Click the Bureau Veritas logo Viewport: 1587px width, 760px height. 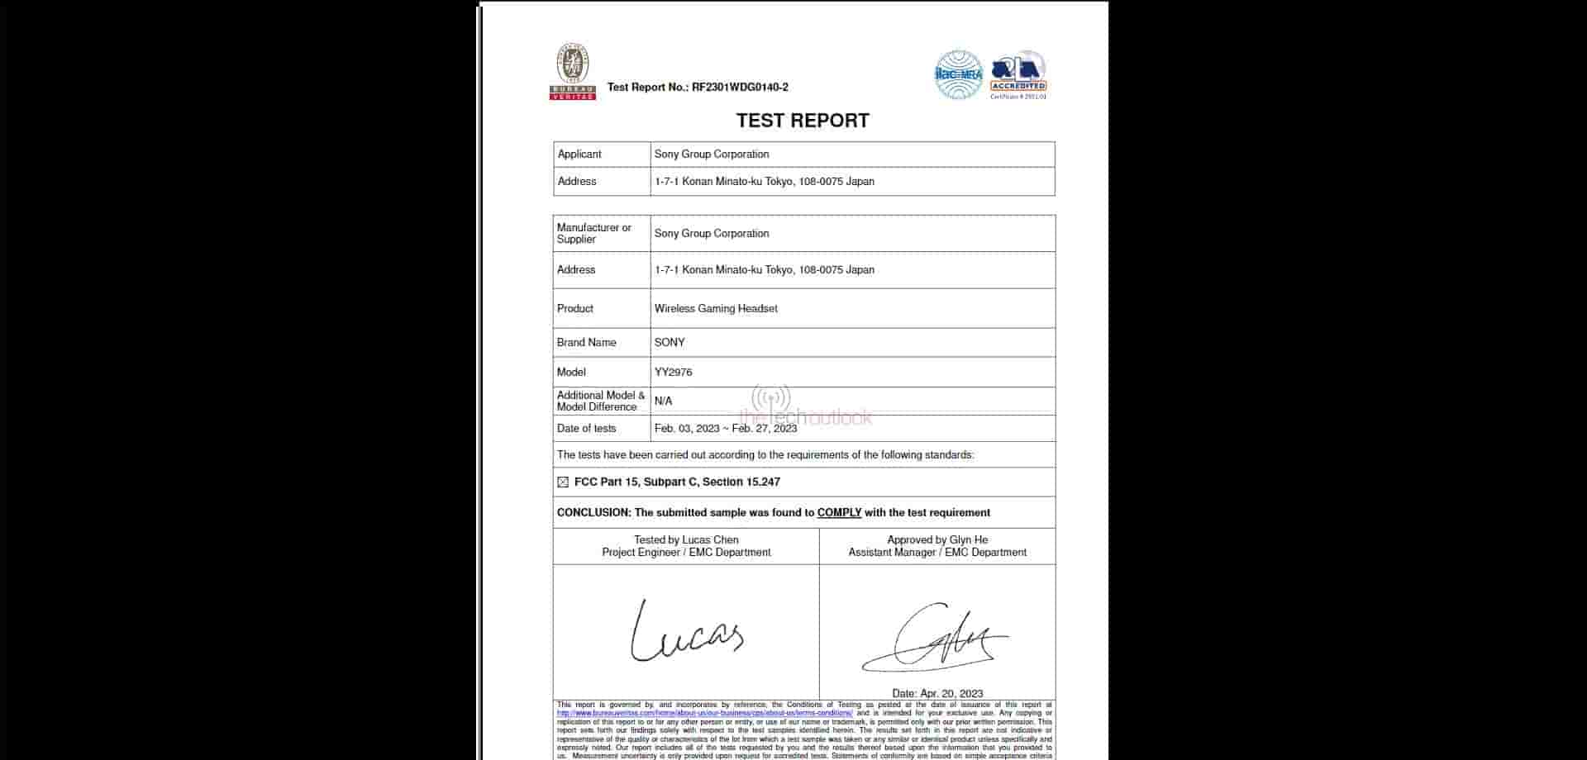[573, 72]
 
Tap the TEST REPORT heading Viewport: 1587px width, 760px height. [803, 121]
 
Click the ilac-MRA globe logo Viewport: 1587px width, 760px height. [958, 74]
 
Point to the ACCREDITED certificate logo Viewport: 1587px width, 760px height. [1018, 74]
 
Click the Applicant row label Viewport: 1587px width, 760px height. [579, 154]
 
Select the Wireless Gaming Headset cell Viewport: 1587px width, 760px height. [716, 308]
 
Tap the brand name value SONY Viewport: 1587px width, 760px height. [670, 342]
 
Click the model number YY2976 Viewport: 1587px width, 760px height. [673, 372]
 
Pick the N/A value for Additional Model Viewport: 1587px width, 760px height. [663, 401]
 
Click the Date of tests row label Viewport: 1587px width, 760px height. [586, 428]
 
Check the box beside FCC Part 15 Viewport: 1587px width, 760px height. [563, 482]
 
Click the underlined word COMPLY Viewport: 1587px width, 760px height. [839, 512]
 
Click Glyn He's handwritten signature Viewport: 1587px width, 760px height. [935, 639]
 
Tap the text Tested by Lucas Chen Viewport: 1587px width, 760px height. [686, 539]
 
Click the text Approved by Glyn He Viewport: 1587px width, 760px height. [937, 539]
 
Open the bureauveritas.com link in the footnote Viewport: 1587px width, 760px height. [704, 713]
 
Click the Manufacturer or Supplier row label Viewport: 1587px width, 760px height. [593, 233]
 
